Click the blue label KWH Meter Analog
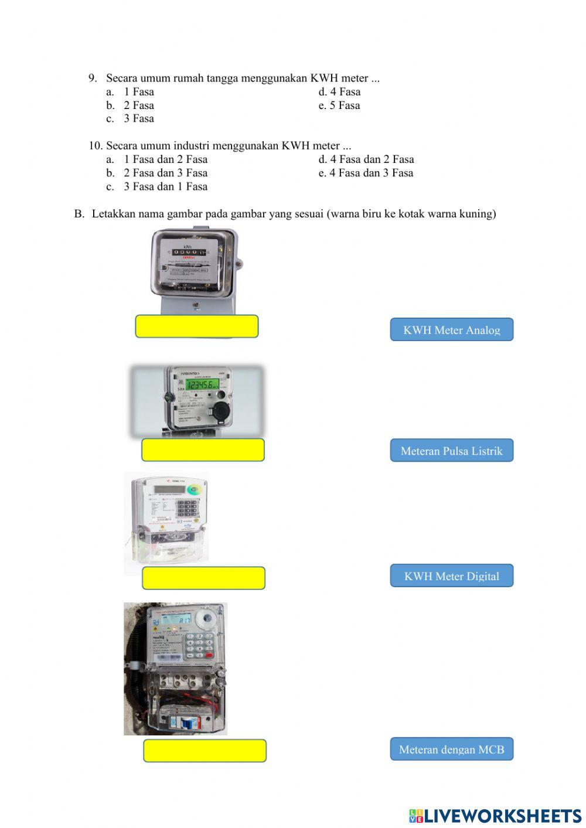451,330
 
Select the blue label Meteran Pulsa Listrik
451,451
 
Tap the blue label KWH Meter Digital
451,576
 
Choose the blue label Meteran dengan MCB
451,749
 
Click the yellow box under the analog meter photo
196,326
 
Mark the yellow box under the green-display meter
203,450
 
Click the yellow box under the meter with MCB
205,751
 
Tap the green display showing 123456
199,384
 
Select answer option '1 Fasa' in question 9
138,92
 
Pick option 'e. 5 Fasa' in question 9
339,105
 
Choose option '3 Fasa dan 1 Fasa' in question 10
165,187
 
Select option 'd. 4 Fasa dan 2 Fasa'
366,159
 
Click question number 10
95,146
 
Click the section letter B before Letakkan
79,214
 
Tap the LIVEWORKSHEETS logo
495,816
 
